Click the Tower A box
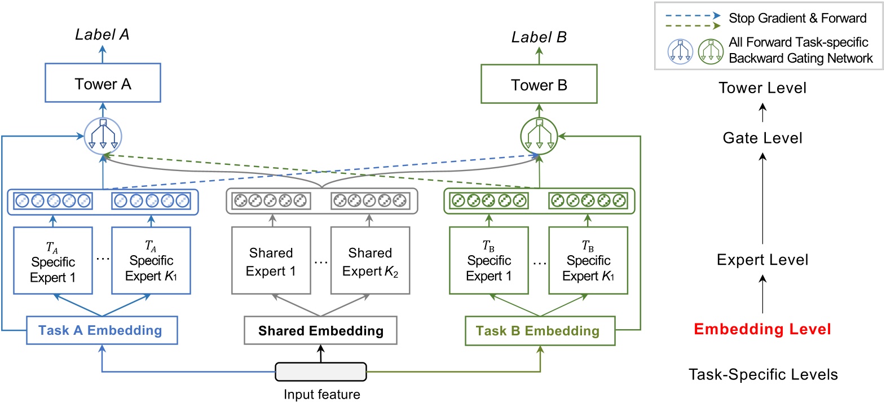click(103, 83)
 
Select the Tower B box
click(539, 84)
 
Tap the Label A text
click(102, 35)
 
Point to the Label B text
click(539, 37)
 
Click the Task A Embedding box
click(102, 330)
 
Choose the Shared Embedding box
click(320, 331)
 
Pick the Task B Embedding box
click(540, 331)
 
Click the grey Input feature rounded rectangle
click(320, 372)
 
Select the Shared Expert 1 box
click(271, 261)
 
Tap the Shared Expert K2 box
click(370, 261)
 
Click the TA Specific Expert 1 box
click(53, 261)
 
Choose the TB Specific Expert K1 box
click(588, 261)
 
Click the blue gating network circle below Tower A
click(103, 136)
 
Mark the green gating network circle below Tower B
click(539, 136)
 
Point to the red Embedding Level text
click(762, 329)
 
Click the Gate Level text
click(762, 138)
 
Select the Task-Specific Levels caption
click(763, 374)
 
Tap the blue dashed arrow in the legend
click(693, 16)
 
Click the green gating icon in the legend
click(711, 51)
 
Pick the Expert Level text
click(762, 260)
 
